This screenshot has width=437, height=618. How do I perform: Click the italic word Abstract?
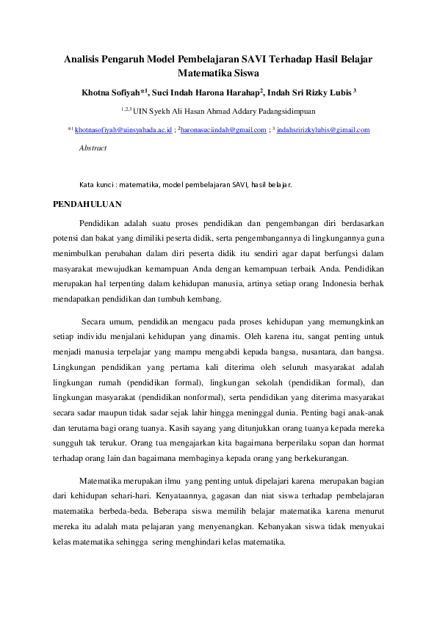point(93,148)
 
